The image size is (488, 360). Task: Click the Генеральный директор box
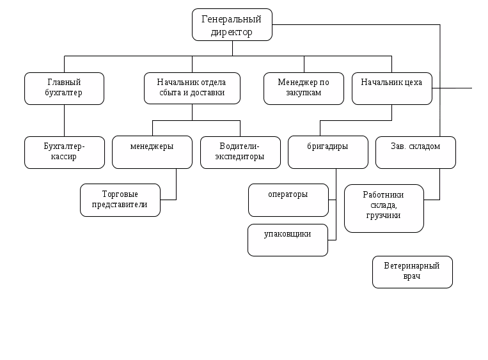pos(232,24)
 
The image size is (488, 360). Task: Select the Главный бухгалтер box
pos(64,88)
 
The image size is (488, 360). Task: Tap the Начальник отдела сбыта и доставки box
pos(192,88)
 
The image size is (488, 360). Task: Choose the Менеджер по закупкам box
pos(303,88)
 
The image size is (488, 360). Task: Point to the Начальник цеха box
pos(391,88)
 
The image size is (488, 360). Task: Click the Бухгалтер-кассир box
pos(64,152)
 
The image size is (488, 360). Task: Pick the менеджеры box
pos(152,152)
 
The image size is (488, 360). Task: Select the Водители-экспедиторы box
pos(240,152)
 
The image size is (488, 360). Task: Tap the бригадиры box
pos(327,152)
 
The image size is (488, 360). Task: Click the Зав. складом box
pos(416,152)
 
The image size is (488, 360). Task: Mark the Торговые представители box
pos(120,200)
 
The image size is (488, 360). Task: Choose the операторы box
pos(288,200)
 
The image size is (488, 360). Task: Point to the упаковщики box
pos(288,240)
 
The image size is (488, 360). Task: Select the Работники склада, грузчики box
pos(384,208)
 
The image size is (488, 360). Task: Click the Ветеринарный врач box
pos(413,272)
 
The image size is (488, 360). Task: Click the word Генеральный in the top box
pos(232,19)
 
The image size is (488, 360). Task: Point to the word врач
pos(413,277)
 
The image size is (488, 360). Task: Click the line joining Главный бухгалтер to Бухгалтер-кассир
pos(64,120)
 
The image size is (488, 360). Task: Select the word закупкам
pos(304,92)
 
